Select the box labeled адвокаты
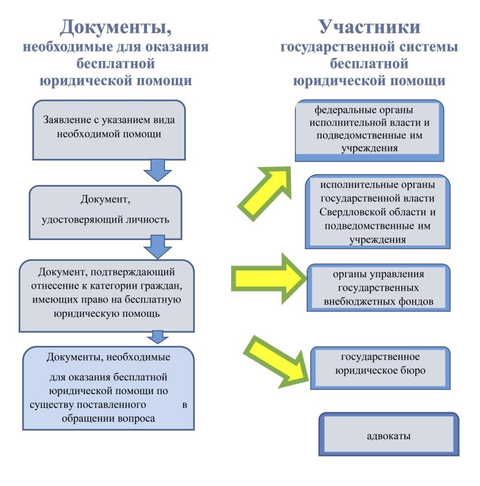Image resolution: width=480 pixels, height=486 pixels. [x=388, y=435]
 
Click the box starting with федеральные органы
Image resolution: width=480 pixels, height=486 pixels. [x=369, y=130]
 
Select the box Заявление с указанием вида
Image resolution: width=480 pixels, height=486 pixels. [x=109, y=127]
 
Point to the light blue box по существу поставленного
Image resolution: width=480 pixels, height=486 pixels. [x=109, y=387]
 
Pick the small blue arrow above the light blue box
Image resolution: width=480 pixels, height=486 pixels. [x=158, y=337]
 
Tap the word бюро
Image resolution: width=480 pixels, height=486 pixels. [x=413, y=370]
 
